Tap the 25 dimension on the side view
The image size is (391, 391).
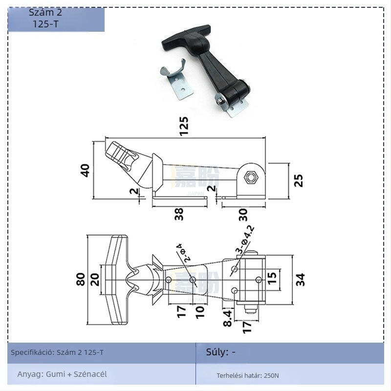(x=299, y=180)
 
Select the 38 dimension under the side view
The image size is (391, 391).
(x=179, y=214)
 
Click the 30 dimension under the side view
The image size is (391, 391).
(x=243, y=214)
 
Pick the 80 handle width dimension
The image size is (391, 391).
(x=81, y=279)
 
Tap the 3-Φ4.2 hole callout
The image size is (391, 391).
(x=244, y=239)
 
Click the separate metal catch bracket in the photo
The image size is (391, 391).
(x=176, y=80)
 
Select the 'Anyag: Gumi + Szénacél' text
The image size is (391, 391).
(x=62, y=374)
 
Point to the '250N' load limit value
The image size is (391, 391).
(x=271, y=376)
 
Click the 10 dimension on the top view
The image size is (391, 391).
(x=199, y=311)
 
